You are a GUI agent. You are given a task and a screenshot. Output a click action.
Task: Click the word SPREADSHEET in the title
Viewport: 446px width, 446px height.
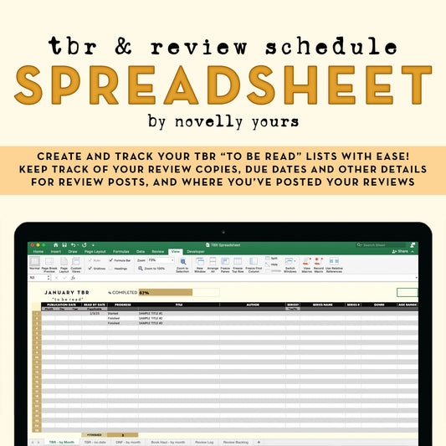click(223, 85)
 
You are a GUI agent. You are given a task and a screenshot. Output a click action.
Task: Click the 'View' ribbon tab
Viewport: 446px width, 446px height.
click(175, 251)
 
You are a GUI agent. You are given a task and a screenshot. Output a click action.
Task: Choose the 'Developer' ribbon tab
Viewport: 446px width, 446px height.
click(195, 251)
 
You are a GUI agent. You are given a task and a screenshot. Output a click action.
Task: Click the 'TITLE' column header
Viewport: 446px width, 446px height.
click(178, 305)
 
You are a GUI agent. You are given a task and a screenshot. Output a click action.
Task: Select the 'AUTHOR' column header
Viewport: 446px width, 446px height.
click(252, 305)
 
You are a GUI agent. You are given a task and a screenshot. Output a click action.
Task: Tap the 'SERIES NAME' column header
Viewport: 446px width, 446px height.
click(323, 305)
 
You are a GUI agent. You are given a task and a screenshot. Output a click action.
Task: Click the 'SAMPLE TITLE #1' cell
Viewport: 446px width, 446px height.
click(151, 313)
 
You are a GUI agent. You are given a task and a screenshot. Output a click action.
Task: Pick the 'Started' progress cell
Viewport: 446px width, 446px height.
click(113, 313)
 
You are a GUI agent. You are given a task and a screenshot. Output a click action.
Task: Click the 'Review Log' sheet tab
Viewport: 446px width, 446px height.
click(204, 441)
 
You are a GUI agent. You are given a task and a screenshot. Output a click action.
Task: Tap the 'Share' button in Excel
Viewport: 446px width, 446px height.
click(402, 251)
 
